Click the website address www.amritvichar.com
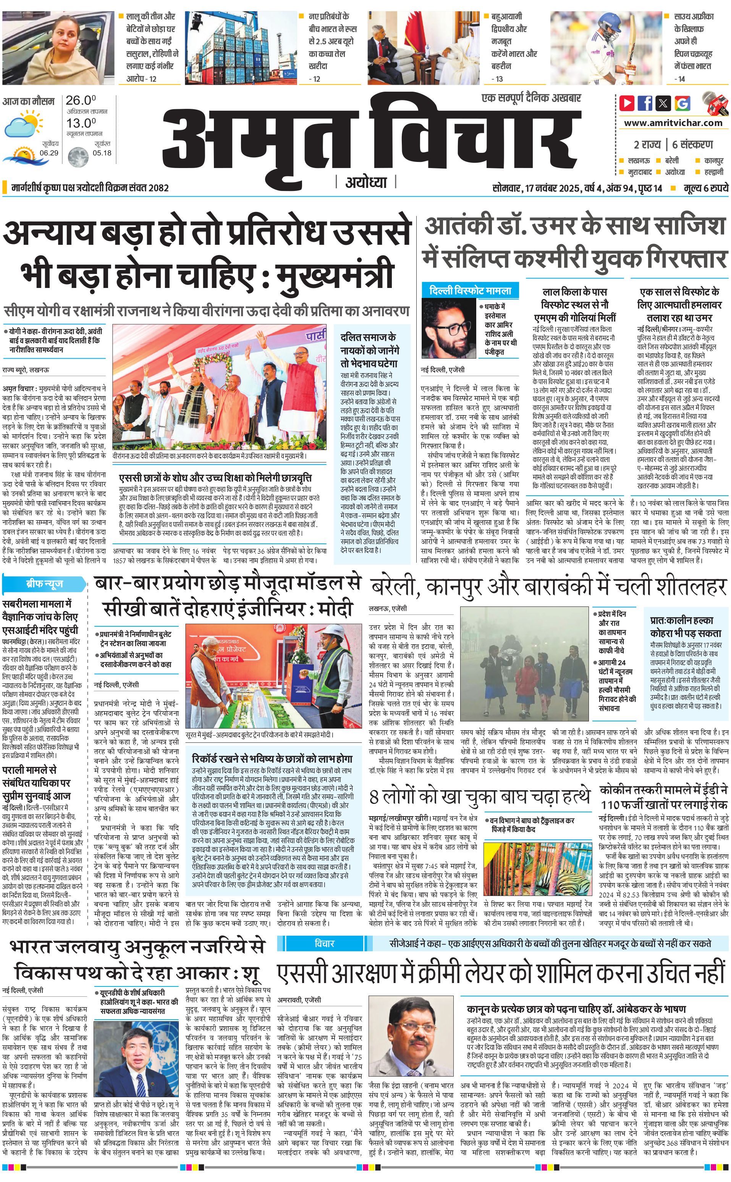click(x=673, y=123)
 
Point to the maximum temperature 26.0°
click(x=81, y=100)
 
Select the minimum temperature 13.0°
click(x=81, y=123)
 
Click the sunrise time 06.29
click(x=49, y=153)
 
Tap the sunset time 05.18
click(x=102, y=153)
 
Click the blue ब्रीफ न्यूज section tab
click(x=44, y=584)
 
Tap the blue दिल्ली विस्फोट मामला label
click(x=470, y=291)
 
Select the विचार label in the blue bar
click(x=324, y=943)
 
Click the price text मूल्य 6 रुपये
click(x=705, y=188)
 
